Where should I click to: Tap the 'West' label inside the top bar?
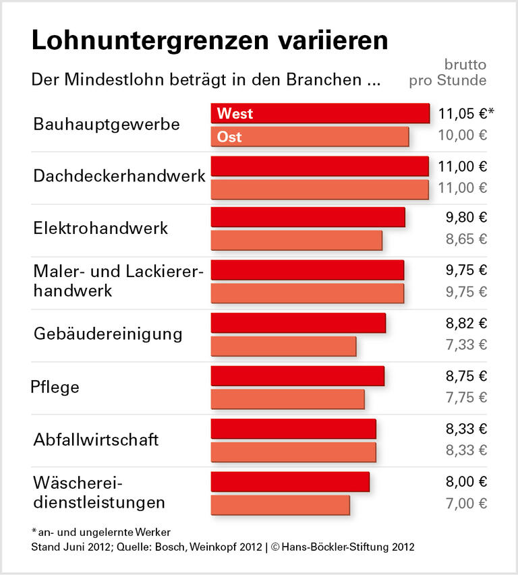click(x=235, y=114)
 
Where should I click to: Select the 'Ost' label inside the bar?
click(x=229, y=137)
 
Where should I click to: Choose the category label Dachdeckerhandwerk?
click(x=119, y=177)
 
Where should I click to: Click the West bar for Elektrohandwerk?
click(x=308, y=217)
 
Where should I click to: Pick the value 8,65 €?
click(x=466, y=239)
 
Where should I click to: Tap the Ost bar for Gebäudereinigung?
click(x=283, y=346)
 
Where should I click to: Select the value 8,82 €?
click(x=466, y=323)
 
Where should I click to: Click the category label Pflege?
click(x=55, y=388)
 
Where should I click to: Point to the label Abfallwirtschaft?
click(x=96, y=440)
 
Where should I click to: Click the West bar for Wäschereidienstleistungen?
click(x=290, y=481)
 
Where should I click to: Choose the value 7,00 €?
click(x=466, y=504)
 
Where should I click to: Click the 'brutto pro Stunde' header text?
click(x=448, y=73)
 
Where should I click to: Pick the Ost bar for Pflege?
click(x=287, y=398)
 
